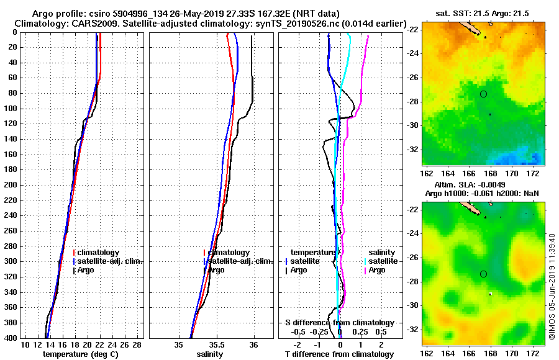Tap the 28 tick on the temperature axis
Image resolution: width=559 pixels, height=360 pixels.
pyautogui.click(x=138, y=345)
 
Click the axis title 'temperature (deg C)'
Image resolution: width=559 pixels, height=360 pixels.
pyautogui.click(x=81, y=354)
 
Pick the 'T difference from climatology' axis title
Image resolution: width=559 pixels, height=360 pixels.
pyautogui.click(x=339, y=354)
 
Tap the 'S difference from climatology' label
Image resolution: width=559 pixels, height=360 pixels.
pyautogui.click(x=339, y=323)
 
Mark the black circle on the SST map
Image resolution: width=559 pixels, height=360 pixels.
pyautogui.click(x=484, y=94)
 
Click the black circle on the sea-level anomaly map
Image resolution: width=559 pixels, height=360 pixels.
pyautogui.click(x=484, y=274)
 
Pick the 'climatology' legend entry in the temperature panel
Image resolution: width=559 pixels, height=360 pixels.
pyautogui.click(x=98, y=253)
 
